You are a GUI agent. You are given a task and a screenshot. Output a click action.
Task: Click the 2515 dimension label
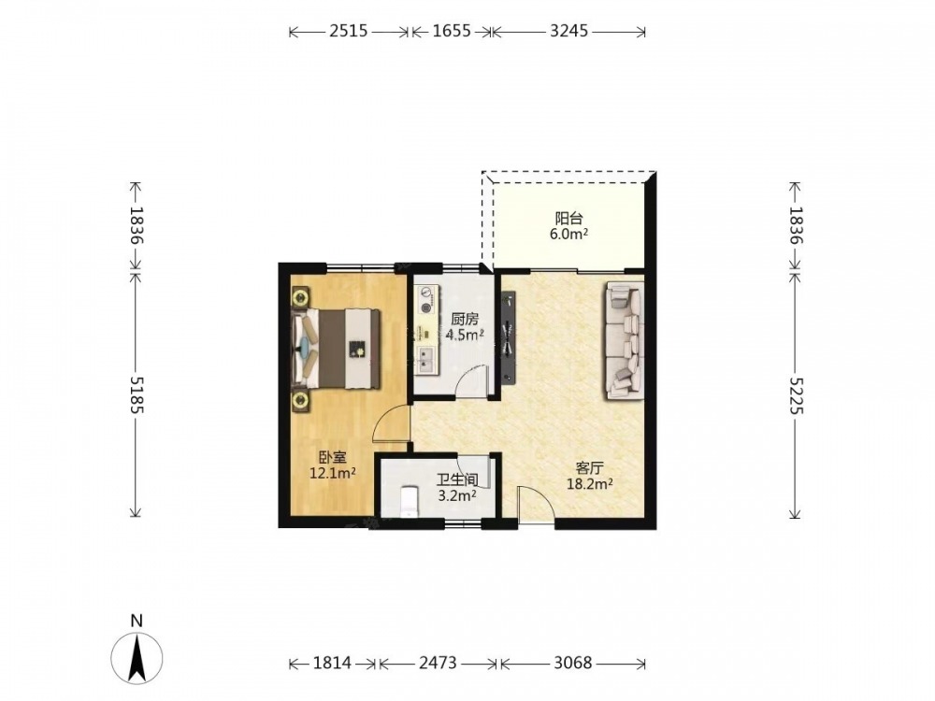coord(349,31)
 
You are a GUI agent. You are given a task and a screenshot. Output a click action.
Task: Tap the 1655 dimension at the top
coord(452,31)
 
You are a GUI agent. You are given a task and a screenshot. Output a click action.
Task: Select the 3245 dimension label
coord(568,31)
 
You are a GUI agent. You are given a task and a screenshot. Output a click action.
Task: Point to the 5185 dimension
coord(137,394)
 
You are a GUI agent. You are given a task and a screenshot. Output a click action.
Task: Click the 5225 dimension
coord(796,395)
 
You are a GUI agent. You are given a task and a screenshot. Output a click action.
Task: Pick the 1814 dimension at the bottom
coord(332,663)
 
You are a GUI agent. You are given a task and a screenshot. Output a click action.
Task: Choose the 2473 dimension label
coord(438,663)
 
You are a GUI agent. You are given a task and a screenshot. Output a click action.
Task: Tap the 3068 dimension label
coord(572,663)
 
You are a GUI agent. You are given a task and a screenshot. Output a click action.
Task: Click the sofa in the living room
coord(625,340)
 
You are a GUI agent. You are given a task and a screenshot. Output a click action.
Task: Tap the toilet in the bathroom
coord(410,501)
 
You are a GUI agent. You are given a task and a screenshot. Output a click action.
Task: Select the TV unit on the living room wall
coord(508,336)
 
